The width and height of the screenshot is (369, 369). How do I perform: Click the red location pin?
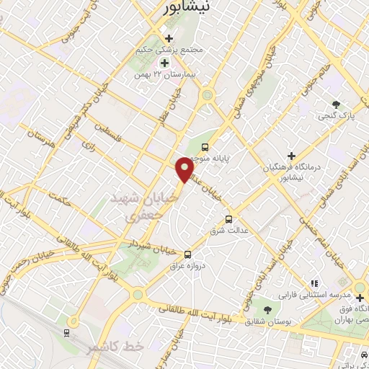tap(184, 169)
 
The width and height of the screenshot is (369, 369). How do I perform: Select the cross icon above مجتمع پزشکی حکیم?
tap(169, 38)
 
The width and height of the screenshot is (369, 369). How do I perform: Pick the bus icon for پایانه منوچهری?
tap(205, 147)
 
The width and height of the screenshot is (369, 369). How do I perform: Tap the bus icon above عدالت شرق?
tap(229, 218)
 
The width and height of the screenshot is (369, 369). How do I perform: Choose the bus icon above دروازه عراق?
tap(188, 254)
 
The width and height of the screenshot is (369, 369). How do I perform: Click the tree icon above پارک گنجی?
tap(336, 102)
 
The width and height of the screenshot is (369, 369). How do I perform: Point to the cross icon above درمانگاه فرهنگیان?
tap(291, 155)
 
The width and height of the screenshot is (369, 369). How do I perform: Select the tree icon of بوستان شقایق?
tap(267, 311)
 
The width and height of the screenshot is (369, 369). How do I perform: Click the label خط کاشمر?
tap(115, 347)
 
